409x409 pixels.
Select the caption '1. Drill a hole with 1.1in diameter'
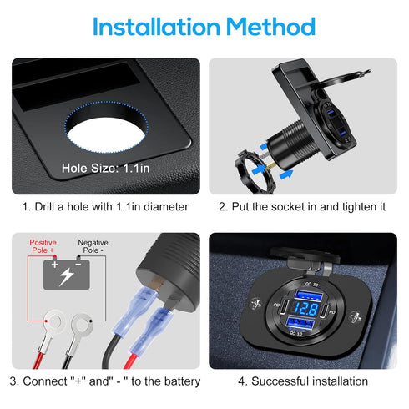click(105, 206)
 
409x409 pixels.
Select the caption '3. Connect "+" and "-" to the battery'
click(105, 381)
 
